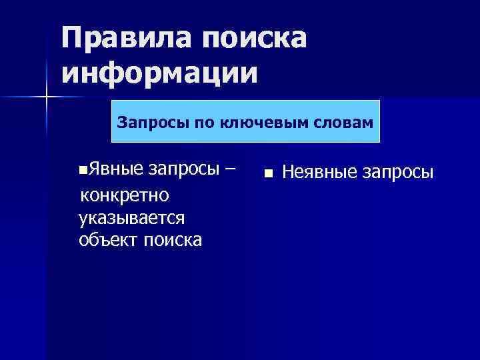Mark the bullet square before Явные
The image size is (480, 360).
81,171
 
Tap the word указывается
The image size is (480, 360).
131,217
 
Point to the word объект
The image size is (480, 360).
108,239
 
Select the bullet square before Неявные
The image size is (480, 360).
268,173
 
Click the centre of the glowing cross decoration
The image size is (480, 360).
47,98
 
